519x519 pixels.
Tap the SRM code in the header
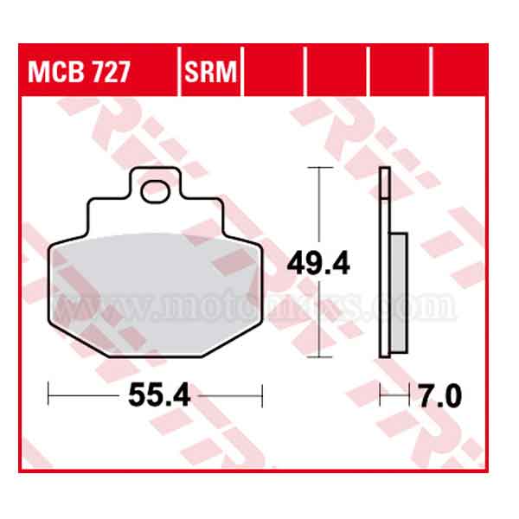pyautogui.click(x=210, y=72)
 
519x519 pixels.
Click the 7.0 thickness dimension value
pyautogui.click(x=440, y=396)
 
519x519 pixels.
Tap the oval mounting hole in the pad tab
pyautogui.click(x=157, y=189)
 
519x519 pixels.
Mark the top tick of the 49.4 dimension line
pyautogui.click(x=320, y=168)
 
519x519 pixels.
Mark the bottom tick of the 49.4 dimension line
pyautogui.click(x=320, y=356)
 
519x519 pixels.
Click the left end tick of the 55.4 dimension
pyautogui.click(x=49, y=396)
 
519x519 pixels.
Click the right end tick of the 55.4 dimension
pyautogui.click(x=261, y=396)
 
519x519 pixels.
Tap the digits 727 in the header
pyautogui.click(x=111, y=72)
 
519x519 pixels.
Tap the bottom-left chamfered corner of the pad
pyautogui.click(x=64, y=342)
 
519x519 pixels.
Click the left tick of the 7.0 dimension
pyautogui.click(x=381, y=396)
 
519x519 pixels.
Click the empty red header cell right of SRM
pyautogui.click(x=275, y=72)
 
